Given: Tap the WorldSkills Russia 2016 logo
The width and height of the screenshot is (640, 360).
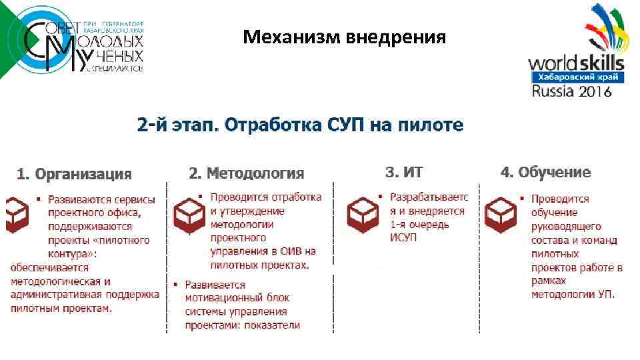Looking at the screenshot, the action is [576, 53].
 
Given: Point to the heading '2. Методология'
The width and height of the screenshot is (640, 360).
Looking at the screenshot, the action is [246, 173].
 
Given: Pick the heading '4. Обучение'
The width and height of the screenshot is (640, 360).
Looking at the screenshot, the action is [545, 172].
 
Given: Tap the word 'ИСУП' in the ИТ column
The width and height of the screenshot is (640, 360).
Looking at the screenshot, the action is [403, 238].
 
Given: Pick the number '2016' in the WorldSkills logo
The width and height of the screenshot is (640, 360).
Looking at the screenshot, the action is [595, 91].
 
